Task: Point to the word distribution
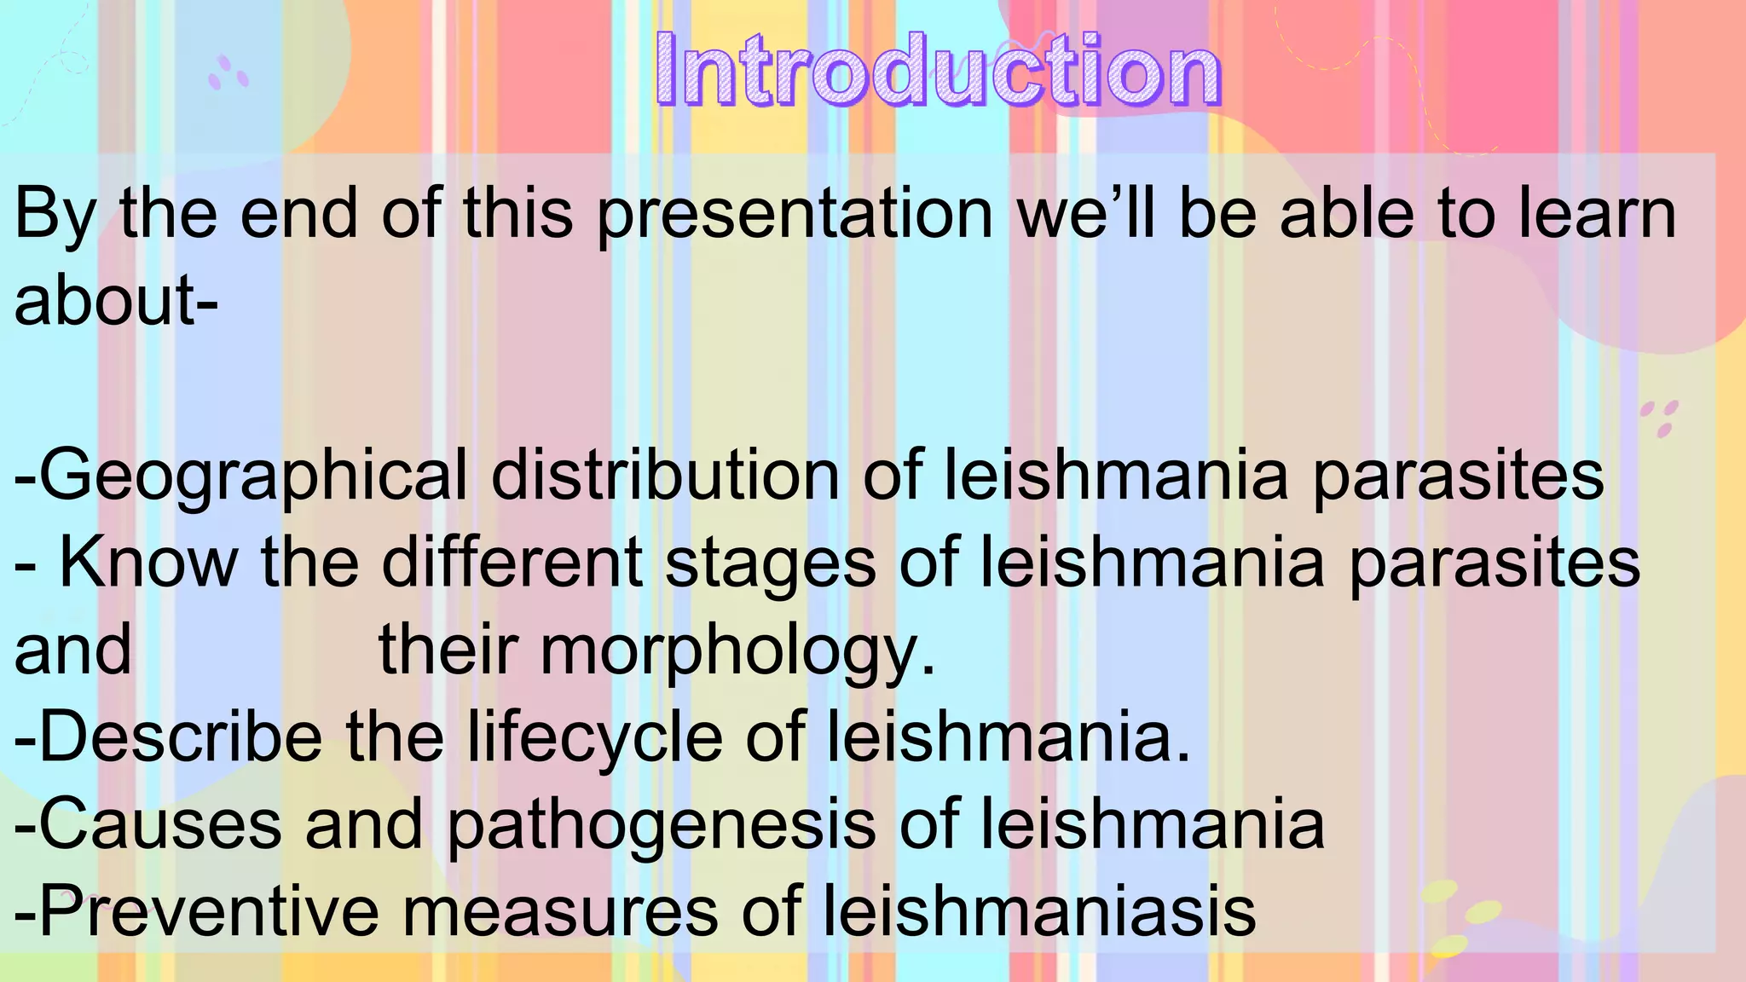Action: [666, 474]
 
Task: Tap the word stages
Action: [770, 564]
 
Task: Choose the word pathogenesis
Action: [662, 826]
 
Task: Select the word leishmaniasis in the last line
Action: [1039, 911]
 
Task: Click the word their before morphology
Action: [448, 650]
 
